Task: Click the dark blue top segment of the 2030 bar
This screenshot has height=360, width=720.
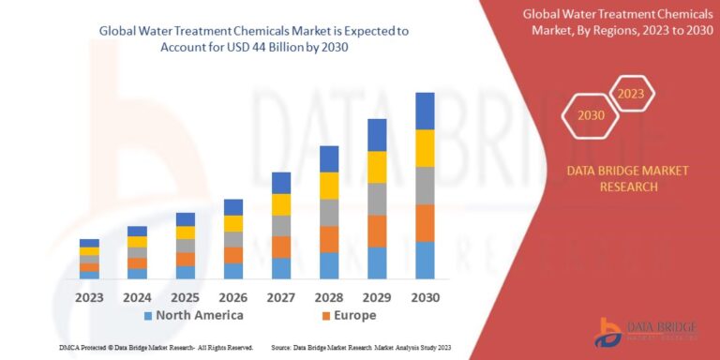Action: pyautogui.click(x=425, y=111)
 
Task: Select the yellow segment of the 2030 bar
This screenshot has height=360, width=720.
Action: pyautogui.click(x=425, y=148)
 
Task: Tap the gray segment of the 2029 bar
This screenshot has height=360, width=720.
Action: pyautogui.click(x=377, y=199)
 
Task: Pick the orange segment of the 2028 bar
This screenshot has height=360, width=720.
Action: pyautogui.click(x=329, y=239)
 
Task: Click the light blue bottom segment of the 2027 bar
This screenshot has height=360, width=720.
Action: pyautogui.click(x=281, y=268)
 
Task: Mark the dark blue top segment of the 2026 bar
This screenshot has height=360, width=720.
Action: pyautogui.click(x=233, y=207)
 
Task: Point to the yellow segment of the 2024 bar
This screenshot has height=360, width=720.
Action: pyautogui.click(x=137, y=242)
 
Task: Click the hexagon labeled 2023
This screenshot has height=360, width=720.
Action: pyautogui.click(x=631, y=94)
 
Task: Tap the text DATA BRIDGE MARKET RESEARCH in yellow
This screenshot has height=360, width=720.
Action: pyautogui.click(x=627, y=178)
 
